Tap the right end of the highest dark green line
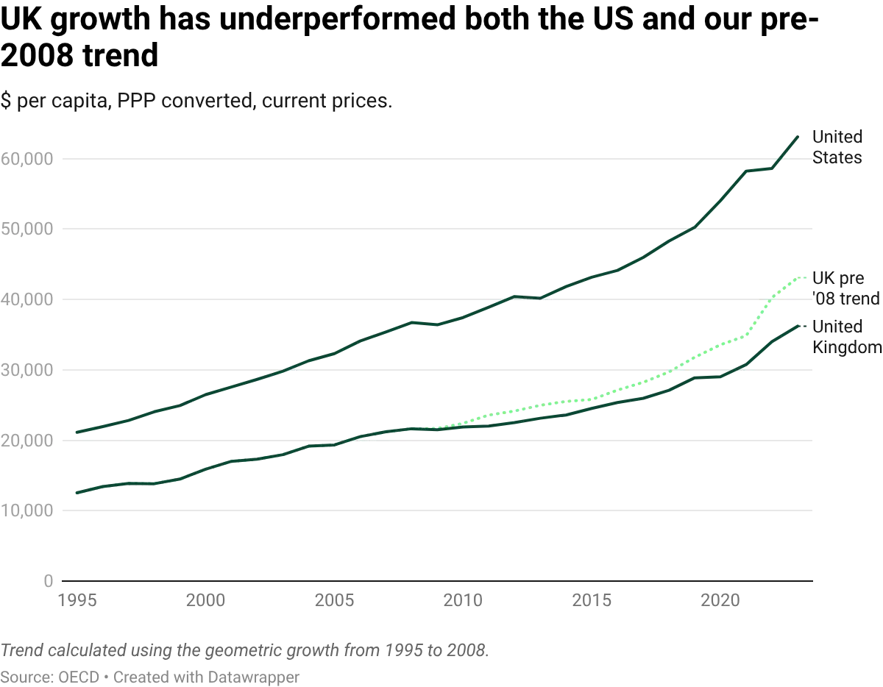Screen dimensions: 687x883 (x=799, y=137)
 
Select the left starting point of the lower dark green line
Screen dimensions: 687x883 (x=72, y=491)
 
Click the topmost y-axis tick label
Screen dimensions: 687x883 (x=28, y=159)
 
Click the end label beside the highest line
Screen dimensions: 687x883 (x=837, y=147)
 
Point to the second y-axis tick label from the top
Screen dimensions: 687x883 (x=28, y=228)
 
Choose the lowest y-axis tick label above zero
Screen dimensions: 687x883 (x=28, y=509)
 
